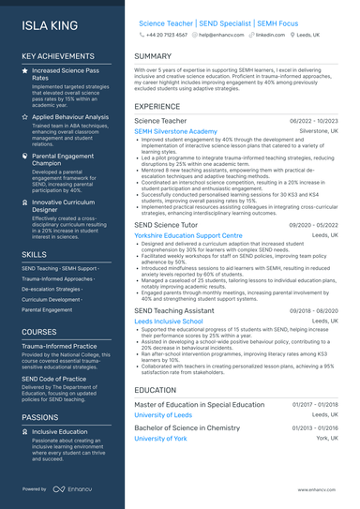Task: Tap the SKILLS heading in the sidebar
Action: (x=34, y=254)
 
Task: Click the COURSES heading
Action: (x=39, y=332)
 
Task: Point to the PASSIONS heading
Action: (x=41, y=418)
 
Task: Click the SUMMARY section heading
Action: (x=153, y=56)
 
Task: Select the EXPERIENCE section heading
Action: (x=157, y=107)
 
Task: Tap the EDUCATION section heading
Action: (x=155, y=389)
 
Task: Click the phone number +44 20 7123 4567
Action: (x=166, y=34)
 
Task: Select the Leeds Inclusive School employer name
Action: (x=169, y=321)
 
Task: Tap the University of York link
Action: (x=161, y=438)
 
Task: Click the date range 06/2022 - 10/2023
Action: (x=316, y=122)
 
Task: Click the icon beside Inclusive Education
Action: (x=25, y=432)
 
